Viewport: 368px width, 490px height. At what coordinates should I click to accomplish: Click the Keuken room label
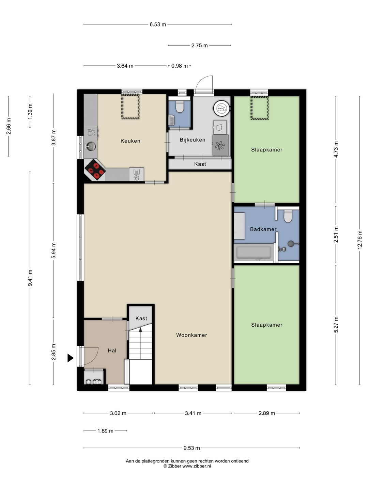click(x=130, y=141)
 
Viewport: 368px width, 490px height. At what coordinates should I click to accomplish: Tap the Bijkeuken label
click(x=193, y=140)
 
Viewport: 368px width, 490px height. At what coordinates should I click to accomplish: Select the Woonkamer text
click(x=191, y=335)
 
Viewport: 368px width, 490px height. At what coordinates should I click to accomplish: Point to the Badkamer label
click(x=263, y=229)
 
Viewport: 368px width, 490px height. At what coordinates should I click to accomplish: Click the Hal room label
click(x=112, y=350)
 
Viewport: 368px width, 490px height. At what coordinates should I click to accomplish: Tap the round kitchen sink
click(x=91, y=147)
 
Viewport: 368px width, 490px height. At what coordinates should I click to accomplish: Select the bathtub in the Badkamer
click(x=254, y=253)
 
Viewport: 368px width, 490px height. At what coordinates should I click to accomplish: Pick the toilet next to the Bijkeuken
click(x=180, y=107)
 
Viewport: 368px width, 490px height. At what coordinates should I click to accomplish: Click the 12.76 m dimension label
click(x=359, y=240)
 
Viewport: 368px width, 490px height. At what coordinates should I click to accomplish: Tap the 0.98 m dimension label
click(x=180, y=66)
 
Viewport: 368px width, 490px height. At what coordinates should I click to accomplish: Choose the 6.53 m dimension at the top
click(x=158, y=24)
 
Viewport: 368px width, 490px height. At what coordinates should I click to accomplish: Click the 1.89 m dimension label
click(x=105, y=430)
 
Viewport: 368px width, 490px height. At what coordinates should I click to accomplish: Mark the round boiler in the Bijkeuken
click(x=221, y=109)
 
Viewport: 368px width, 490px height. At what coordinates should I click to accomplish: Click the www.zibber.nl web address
click(x=197, y=466)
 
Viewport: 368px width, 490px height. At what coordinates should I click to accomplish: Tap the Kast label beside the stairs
click(x=141, y=318)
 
